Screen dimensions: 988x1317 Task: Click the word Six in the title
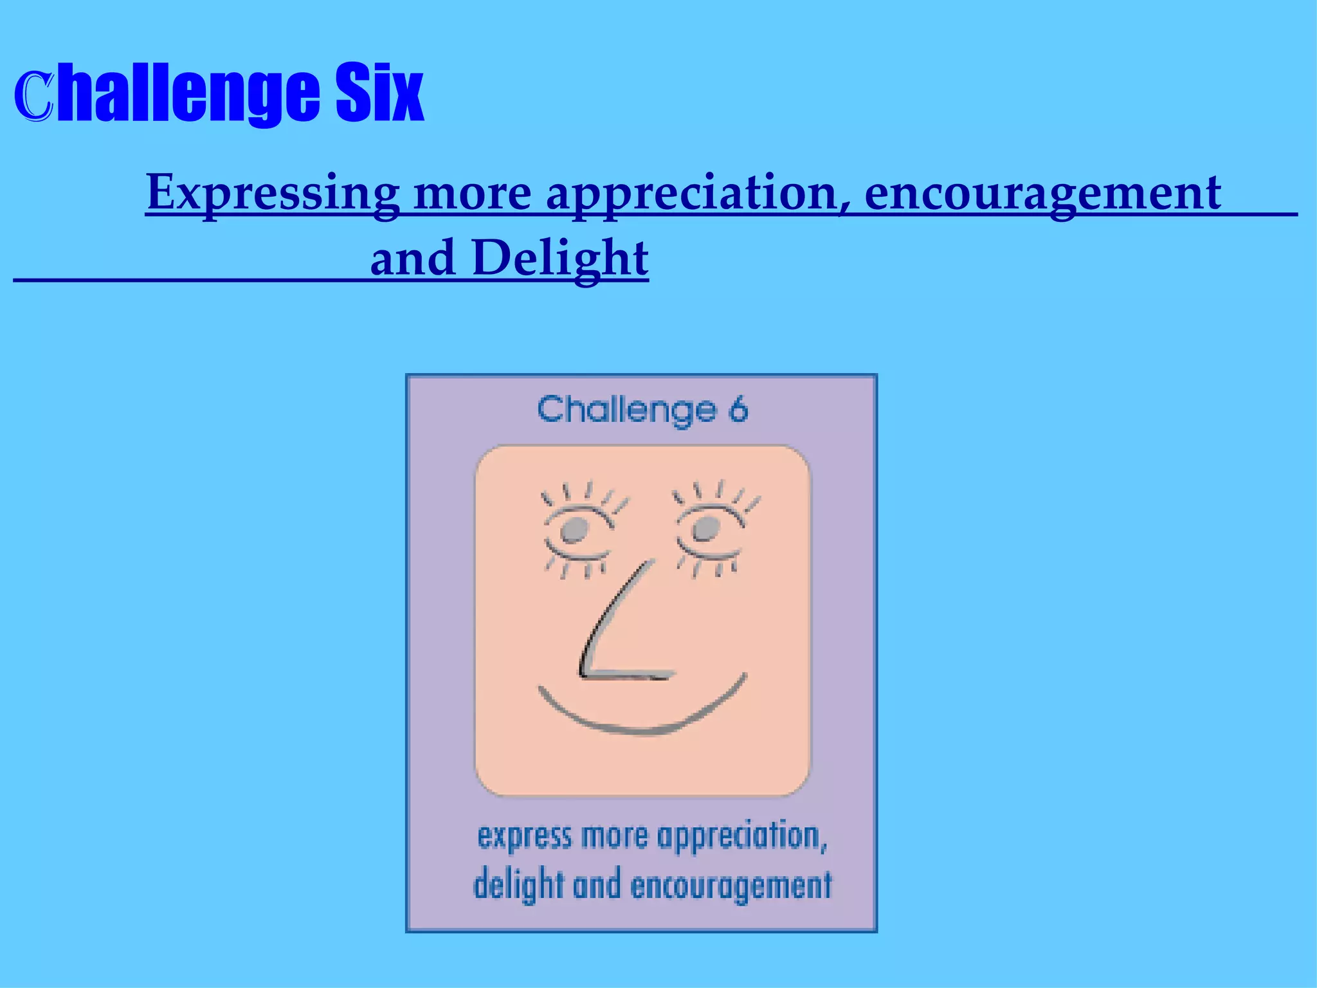(379, 93)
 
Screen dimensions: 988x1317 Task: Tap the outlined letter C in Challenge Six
(33, 96)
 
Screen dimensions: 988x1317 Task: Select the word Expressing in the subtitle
(273, 193)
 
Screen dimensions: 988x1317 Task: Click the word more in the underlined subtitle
(473, 193)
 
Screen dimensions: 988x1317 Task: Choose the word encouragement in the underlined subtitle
(1042, 193)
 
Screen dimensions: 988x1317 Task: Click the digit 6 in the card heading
(738, 410)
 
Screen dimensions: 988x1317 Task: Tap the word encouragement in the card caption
(731, 886)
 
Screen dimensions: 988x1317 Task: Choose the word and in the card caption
(597, 885)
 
